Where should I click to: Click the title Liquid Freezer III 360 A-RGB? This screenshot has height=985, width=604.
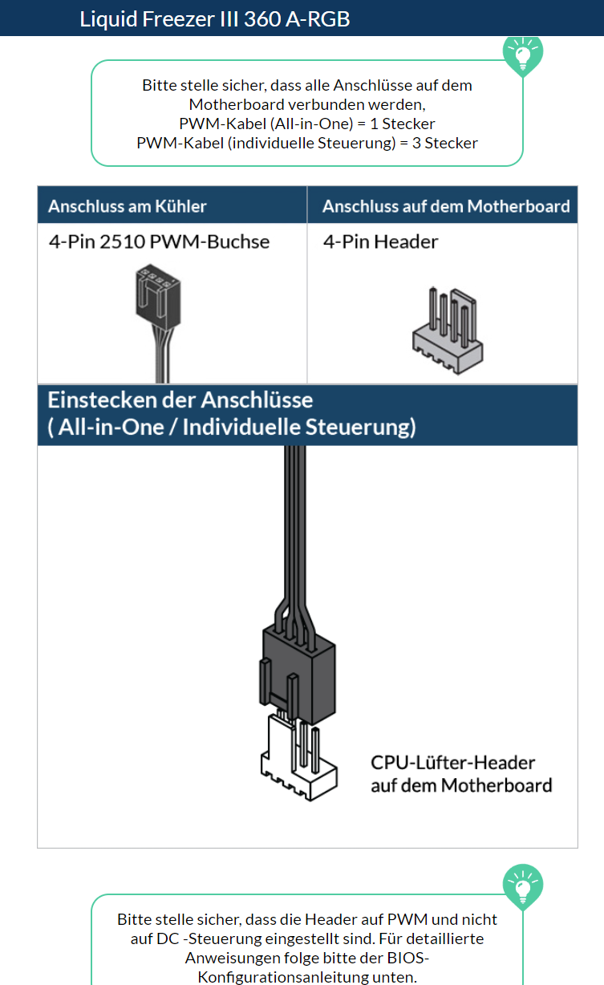point(214,19)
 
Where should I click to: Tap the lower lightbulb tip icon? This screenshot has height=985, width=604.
point(523,886)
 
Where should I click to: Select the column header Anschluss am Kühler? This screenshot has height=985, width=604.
point(128,206)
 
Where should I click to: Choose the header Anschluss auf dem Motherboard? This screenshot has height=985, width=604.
point(446,206)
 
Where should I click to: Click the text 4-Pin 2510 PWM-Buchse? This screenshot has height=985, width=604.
point(159,242)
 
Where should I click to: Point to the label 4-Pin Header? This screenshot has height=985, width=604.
point(381,242)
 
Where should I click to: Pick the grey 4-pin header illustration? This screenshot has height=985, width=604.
point(448,330)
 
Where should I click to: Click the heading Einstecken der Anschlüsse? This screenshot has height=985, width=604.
point(180,400)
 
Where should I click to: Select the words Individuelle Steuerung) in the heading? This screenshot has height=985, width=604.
point(299,427)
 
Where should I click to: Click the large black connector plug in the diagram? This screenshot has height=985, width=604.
point(298,675)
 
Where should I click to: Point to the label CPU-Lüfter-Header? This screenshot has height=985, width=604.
point(452,763)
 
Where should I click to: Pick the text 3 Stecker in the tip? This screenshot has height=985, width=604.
point(445,144)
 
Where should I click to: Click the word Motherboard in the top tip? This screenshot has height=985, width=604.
point(237,104)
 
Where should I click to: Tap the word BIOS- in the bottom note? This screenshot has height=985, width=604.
point(408,958)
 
